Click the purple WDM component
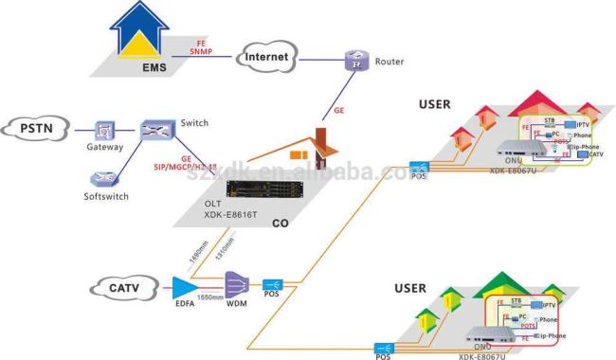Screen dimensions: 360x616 (236, 285)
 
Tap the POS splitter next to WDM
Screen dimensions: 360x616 (274, 285)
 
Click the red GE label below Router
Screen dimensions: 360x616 (338, 111)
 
